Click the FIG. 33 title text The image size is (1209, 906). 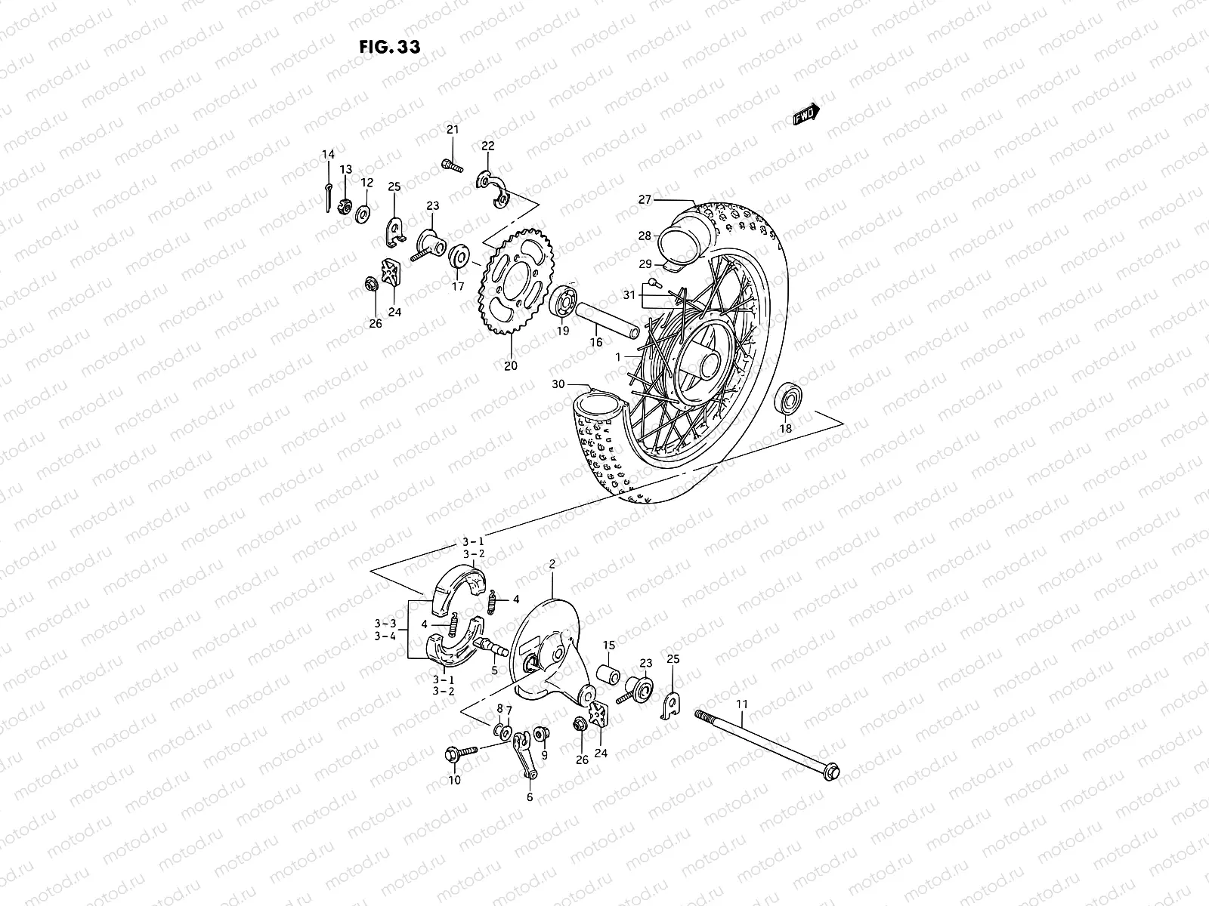[389, 45]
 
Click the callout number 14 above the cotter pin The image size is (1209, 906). [328, 155]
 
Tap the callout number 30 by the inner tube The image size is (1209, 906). [558, 384]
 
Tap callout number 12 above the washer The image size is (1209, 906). [366, 183]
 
